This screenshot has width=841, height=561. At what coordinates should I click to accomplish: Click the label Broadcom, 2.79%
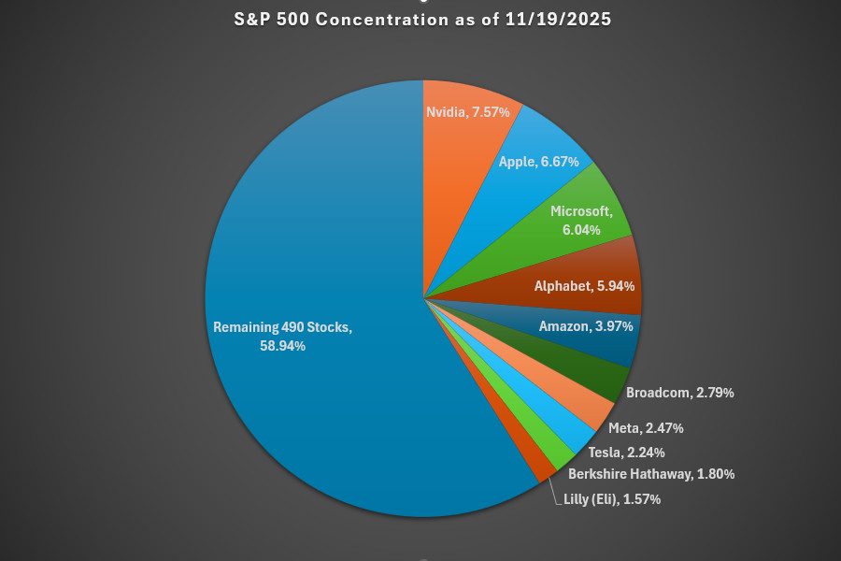[x=679, y=393]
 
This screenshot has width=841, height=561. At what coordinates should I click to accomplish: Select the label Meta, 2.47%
[x=646, y=428]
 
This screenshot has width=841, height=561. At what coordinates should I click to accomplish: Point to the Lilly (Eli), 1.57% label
[x=612, y=499]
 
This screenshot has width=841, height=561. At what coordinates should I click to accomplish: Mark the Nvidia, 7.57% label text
[x=468, y=111]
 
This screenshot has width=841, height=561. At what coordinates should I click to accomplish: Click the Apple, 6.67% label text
[x=538, y=162]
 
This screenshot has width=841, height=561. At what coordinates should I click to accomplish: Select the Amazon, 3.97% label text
[x=586, y=326]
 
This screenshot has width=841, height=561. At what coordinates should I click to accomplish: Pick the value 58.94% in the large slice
[x=283, y=346]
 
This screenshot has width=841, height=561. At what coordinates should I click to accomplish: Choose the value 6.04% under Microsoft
[x=582, y=229]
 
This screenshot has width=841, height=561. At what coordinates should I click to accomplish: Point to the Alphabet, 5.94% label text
[x=585, y=287]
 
